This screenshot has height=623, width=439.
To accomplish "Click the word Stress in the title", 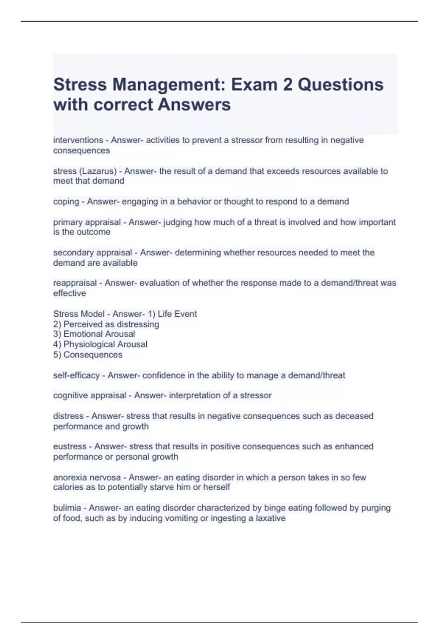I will pos(80,85).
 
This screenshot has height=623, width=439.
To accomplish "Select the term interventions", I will pos(78,140).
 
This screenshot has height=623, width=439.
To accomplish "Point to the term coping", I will pos(66,202).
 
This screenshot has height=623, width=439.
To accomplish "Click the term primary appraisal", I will pos(87,222).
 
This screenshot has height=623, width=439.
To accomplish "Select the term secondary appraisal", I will pos(93,252).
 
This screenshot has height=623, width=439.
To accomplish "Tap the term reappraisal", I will pos(75,283).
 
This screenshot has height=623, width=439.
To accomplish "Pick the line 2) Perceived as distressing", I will pos(106,324).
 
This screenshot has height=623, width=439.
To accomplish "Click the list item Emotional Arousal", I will pos(99,334).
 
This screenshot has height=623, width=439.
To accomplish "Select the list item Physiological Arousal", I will pos(105,344).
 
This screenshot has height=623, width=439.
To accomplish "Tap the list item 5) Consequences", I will pos(88,355).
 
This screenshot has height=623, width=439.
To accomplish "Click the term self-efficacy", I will pos(76,375).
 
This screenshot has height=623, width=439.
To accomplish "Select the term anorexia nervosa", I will pos(87,478).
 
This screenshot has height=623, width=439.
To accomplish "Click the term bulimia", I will pos(67,508).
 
